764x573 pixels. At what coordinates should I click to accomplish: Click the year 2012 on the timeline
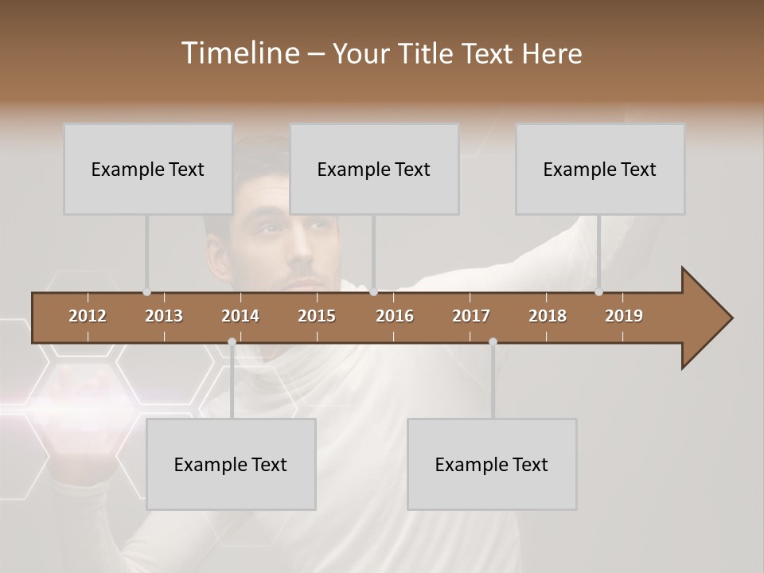[88, 316]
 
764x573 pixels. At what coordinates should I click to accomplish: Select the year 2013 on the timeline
[164, 316]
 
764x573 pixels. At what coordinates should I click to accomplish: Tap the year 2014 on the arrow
[240, 316]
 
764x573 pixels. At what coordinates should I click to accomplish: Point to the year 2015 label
[317, 316]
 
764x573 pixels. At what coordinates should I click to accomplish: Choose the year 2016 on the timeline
[395, 316]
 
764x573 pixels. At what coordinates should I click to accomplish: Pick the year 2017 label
[471, 316]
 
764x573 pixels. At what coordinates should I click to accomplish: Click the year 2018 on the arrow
[548, 316]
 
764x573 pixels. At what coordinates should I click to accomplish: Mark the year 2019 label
[624, 316]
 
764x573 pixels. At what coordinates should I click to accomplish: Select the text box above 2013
[148, 169]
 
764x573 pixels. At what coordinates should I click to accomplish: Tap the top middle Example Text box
[374, 169]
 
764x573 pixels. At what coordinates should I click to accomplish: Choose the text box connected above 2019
[600, 169]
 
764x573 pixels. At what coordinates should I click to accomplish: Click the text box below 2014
[231, 464]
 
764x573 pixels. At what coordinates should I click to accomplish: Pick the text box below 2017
[492, 464]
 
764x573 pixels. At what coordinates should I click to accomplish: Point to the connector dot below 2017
[493, 342]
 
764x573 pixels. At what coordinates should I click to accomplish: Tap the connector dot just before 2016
[374, 292]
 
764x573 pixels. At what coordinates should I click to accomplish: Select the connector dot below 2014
[232, 342]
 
